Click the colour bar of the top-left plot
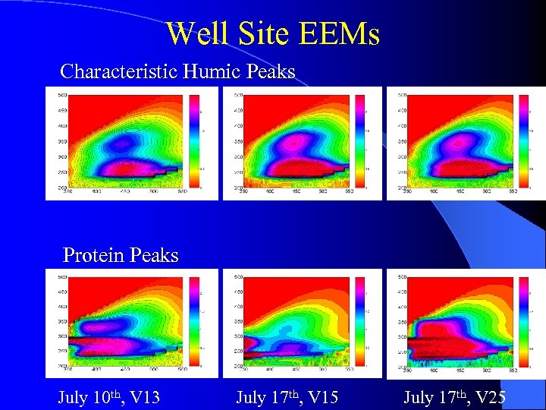pos(193,140)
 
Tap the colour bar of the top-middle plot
pos(359,140)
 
